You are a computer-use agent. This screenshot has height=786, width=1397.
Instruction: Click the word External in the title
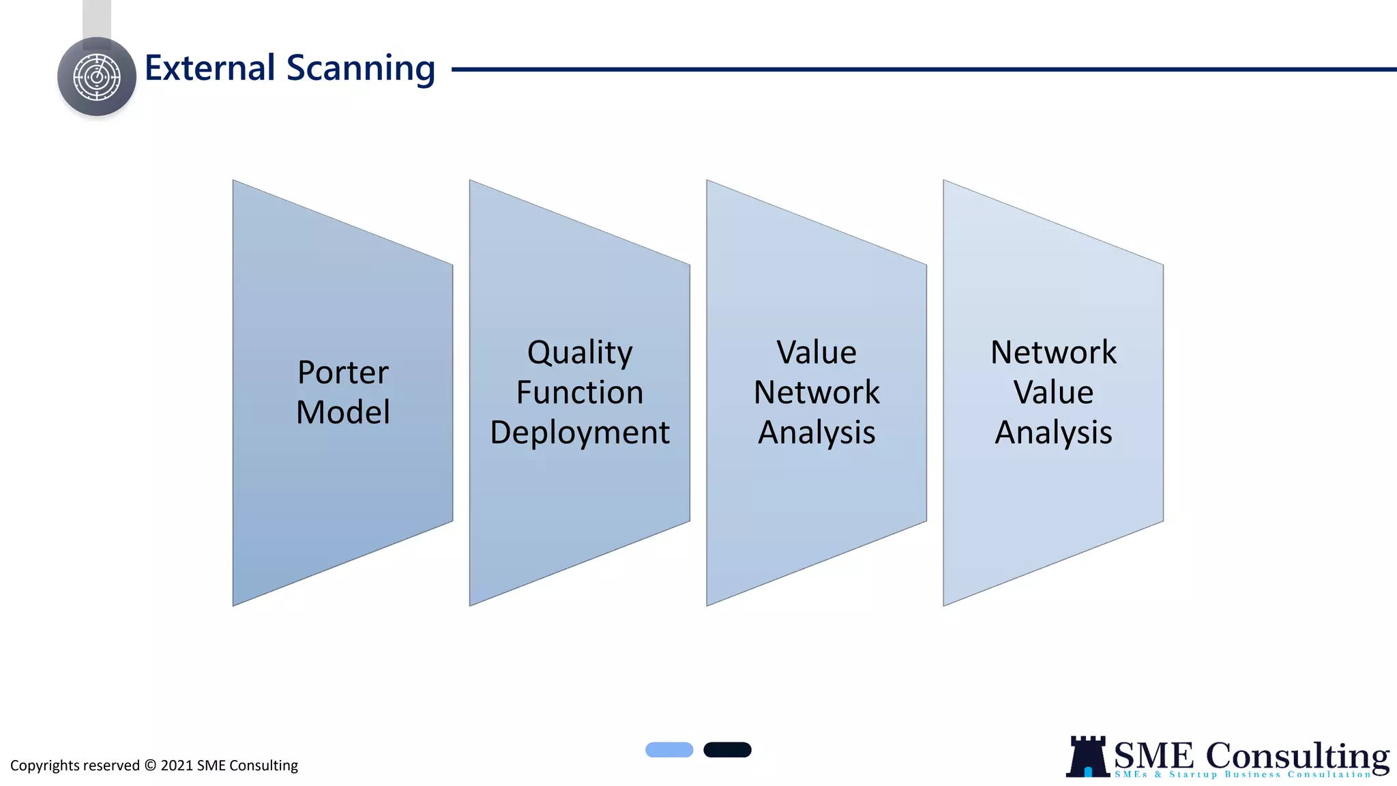pyautogui.click(x=209, y=68)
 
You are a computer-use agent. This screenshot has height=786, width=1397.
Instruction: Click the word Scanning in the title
pyautogui.click(x=360, y=68)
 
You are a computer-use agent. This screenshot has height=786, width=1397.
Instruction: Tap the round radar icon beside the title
pyautogui.click(x=97, y=77)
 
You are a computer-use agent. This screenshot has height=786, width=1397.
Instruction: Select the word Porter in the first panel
pyautogui.click(x=342, y=373)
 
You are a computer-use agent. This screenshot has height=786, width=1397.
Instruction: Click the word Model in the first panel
pyautogui.click(x=342, y=412)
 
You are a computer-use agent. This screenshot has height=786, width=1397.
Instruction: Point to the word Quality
pyautogui.click(x=580, y=353)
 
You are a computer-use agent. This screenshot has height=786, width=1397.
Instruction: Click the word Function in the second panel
pyautogui.click(x=580, y=392)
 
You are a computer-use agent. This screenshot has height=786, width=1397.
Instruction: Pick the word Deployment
pyautogui.click(x=580, y=433)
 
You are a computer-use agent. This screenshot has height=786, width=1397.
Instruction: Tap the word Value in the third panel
pyautogui.click(x=816, y=353)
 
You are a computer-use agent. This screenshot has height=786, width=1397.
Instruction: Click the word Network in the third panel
pyautogui.click(x=816, y=392)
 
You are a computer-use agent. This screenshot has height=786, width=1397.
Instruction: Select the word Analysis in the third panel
pyautogui.click(x=816, y=433)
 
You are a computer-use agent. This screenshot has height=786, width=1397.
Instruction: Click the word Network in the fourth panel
pyautogui.click(x=1053, y=353)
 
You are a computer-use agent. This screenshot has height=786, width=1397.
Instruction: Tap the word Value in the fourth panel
pyautogui.click(x=1053, y=392)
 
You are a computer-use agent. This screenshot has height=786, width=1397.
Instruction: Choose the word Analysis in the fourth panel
pyautogui.click(x=1053, y=433)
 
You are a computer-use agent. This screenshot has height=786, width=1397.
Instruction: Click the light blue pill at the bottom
pyautogui.click(x=669, y=750)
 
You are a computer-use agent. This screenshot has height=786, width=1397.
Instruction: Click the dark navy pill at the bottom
pyautogui.click(x=727, y=750)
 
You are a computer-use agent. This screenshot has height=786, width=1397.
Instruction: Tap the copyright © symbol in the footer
pyautogui.click(x=150, y=766)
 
